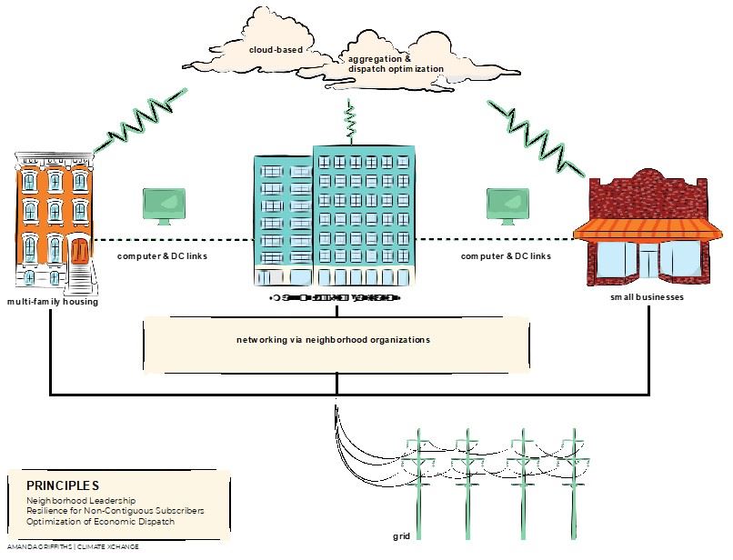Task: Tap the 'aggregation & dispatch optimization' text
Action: tap(396, 64)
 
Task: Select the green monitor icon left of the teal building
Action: tap(164, 206)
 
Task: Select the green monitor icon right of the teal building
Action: tap(507, 206)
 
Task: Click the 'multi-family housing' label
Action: tap(52, 301)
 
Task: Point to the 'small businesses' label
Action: tap(646, 297)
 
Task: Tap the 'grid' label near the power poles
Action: tap(403, 536)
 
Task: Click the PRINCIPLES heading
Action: tap(63, 485)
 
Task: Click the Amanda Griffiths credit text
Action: tap(64, 546)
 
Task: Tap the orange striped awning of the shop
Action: tap(642, 230)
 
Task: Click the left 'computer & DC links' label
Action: tap(163, 255)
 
